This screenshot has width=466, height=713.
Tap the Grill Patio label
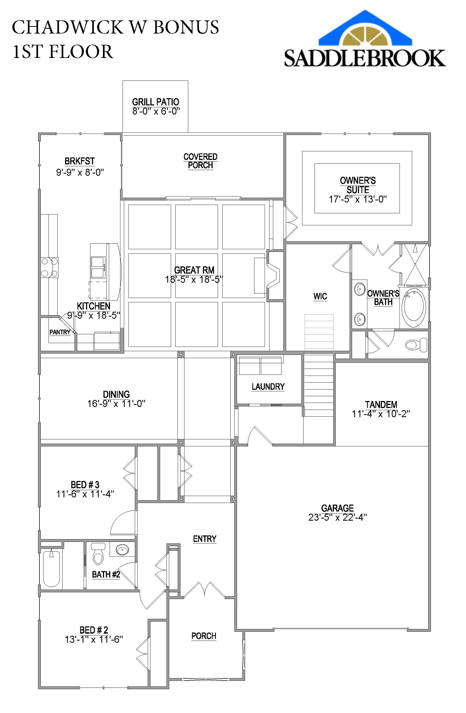coord(156,102)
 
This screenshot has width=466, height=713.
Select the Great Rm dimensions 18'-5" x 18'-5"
coord(194,280)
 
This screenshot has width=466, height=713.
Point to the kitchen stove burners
coord(49,267)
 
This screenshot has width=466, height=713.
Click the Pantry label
coord(60,332)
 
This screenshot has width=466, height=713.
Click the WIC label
coord(320,296)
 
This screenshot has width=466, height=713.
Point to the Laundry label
coord(268,387)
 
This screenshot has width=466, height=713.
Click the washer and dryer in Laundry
coord(260,366)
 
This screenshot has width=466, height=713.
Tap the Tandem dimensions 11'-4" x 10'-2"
coord(381,414)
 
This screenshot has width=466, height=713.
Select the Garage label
coord(337,508)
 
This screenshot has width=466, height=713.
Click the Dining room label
coord(116,394)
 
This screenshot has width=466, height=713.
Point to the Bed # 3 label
coord(85,484)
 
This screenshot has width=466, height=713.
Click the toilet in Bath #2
coord(98,554)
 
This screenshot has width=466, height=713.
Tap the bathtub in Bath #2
coord(51,568)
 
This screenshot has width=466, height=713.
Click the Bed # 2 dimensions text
coord(94,640)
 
